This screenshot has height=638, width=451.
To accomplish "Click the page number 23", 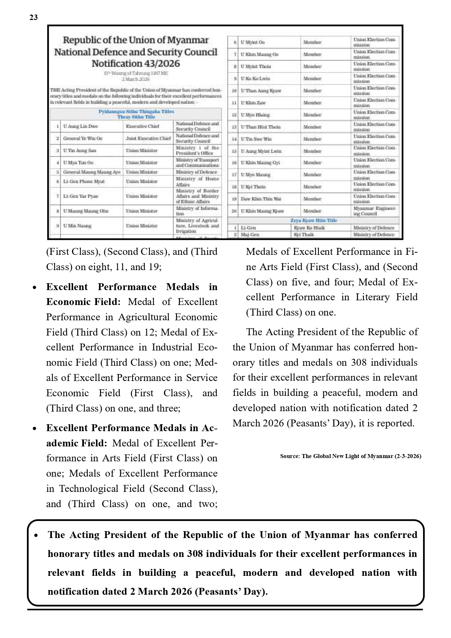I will pyautogui.click(x=33, y=17).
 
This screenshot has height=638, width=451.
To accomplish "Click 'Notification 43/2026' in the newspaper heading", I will pyautogui.click(x=136, y=64).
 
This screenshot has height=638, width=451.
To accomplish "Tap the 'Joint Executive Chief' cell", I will pyautogui.click(x=148, y=139).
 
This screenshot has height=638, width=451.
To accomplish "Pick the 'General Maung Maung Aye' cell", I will pyautogui.click(x=92, y=172).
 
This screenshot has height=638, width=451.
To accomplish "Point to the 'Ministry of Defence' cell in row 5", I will pyautogui.click(x=196, y=172).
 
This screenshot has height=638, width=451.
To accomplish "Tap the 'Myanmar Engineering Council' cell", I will pyautogui.click(x=374, y=211).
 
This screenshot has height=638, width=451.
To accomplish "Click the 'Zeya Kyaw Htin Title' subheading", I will pyautogui.click(x=314, y=220).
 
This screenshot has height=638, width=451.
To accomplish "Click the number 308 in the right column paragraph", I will pyautogui.click(x=359, y=362).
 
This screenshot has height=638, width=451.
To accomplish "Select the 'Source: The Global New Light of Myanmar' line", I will pyautogui.click(x=350, y=456).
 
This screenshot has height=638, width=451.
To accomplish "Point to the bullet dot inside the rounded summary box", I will pyautogui.click(x=36, y=535).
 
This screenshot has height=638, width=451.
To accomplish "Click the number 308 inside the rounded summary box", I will pyautogui.click(x=195, y=554).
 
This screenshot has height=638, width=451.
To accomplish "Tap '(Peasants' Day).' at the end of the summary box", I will pyautogui.click(x=231, y=591).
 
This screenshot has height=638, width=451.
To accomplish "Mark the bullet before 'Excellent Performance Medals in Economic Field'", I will pyautogui.click(x=35, y=288).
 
